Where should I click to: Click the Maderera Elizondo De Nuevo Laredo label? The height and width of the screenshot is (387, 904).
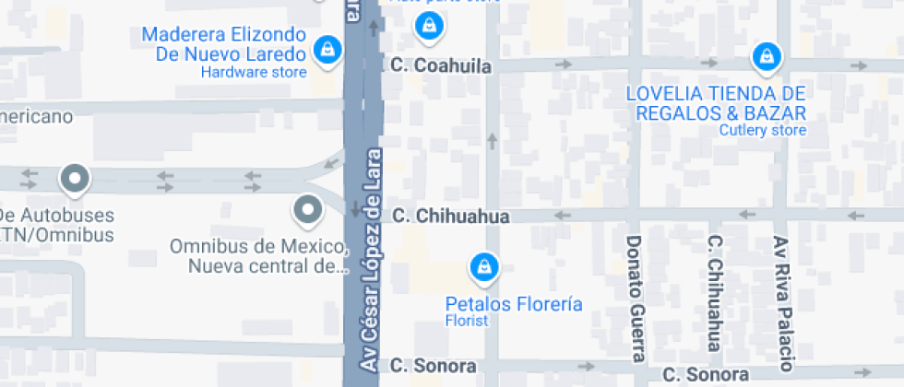click(x=223, y=44)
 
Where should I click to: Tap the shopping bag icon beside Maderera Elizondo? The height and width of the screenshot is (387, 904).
click(x=326, y=50)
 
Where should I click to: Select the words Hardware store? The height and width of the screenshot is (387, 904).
click(x=254, y=72)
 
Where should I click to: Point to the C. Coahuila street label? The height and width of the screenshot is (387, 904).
click(x=441, y=65)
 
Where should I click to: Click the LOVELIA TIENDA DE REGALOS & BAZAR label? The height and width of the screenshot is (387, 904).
click(x=717, y=102)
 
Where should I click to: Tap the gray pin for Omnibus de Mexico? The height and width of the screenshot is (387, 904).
click(x=307, y=211)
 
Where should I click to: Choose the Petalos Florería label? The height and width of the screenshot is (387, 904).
click(x=514, y=303)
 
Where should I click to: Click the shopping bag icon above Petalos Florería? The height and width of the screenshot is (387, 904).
click(x=483, y=268)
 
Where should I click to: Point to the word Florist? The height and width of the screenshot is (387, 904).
click(x=467, y=321)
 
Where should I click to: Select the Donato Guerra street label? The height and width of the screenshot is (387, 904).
click(x=635, y=298)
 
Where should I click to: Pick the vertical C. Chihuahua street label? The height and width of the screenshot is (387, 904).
click(x=713, y=293)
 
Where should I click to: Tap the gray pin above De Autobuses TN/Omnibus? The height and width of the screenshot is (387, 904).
click(x=73, y=178)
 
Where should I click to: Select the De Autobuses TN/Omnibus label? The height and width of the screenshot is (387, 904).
click(x=57, y=225)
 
